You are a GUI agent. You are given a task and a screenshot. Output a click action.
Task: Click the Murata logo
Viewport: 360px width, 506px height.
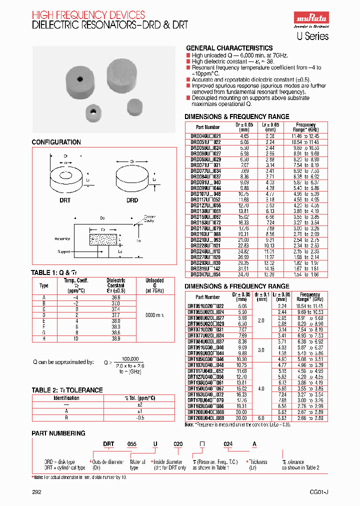pos(309,19)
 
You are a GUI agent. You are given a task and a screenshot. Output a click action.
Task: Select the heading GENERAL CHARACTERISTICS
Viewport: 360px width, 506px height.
pos(229,48)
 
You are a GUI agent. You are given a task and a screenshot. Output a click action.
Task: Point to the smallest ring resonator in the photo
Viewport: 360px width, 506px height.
pos(92,112)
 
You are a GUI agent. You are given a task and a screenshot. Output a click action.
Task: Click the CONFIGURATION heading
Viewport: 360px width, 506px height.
pos(56,142)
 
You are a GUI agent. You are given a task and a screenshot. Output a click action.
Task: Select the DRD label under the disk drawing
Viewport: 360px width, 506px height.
pos(131,200)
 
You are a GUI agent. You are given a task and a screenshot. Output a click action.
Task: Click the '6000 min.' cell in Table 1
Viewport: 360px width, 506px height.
pos(154,315)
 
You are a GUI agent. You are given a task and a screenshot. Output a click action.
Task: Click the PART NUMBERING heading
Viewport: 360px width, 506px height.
pos(58,433)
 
